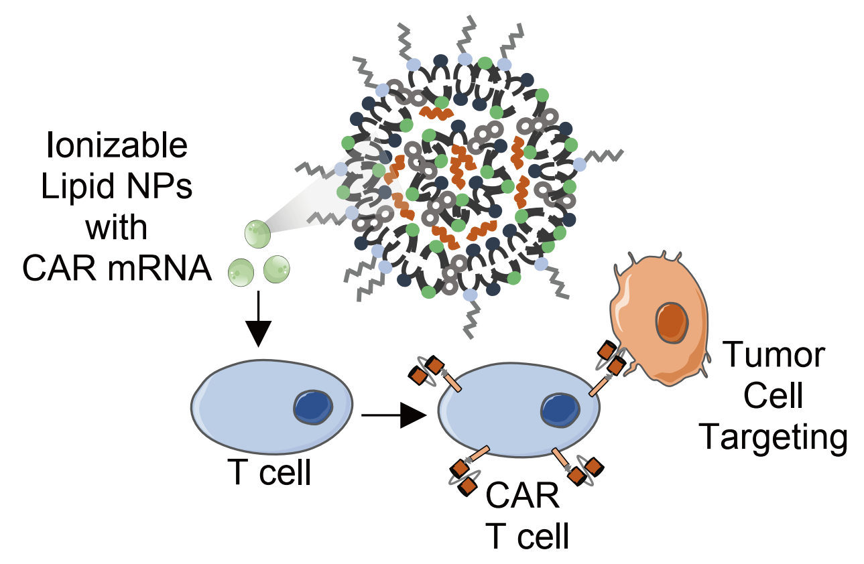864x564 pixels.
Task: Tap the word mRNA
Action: tap(160, 269)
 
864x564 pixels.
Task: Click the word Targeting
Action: tap(773, 438)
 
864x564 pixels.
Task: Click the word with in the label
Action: tap(117, 228)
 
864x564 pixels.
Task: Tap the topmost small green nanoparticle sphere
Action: tap(257, 234)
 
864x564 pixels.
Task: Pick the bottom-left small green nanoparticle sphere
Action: tap(241, 273)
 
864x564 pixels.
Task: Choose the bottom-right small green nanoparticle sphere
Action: tap(277, 269)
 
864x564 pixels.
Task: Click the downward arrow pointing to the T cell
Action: tap(258, 319)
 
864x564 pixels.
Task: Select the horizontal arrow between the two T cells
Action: tap(394, 415)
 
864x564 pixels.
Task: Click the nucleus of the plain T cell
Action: tap(313, 407)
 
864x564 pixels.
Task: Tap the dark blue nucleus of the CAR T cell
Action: tap(560, 410)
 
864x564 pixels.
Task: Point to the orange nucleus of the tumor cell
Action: tap(672, 323)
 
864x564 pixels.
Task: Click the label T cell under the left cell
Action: tap(269, 473)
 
